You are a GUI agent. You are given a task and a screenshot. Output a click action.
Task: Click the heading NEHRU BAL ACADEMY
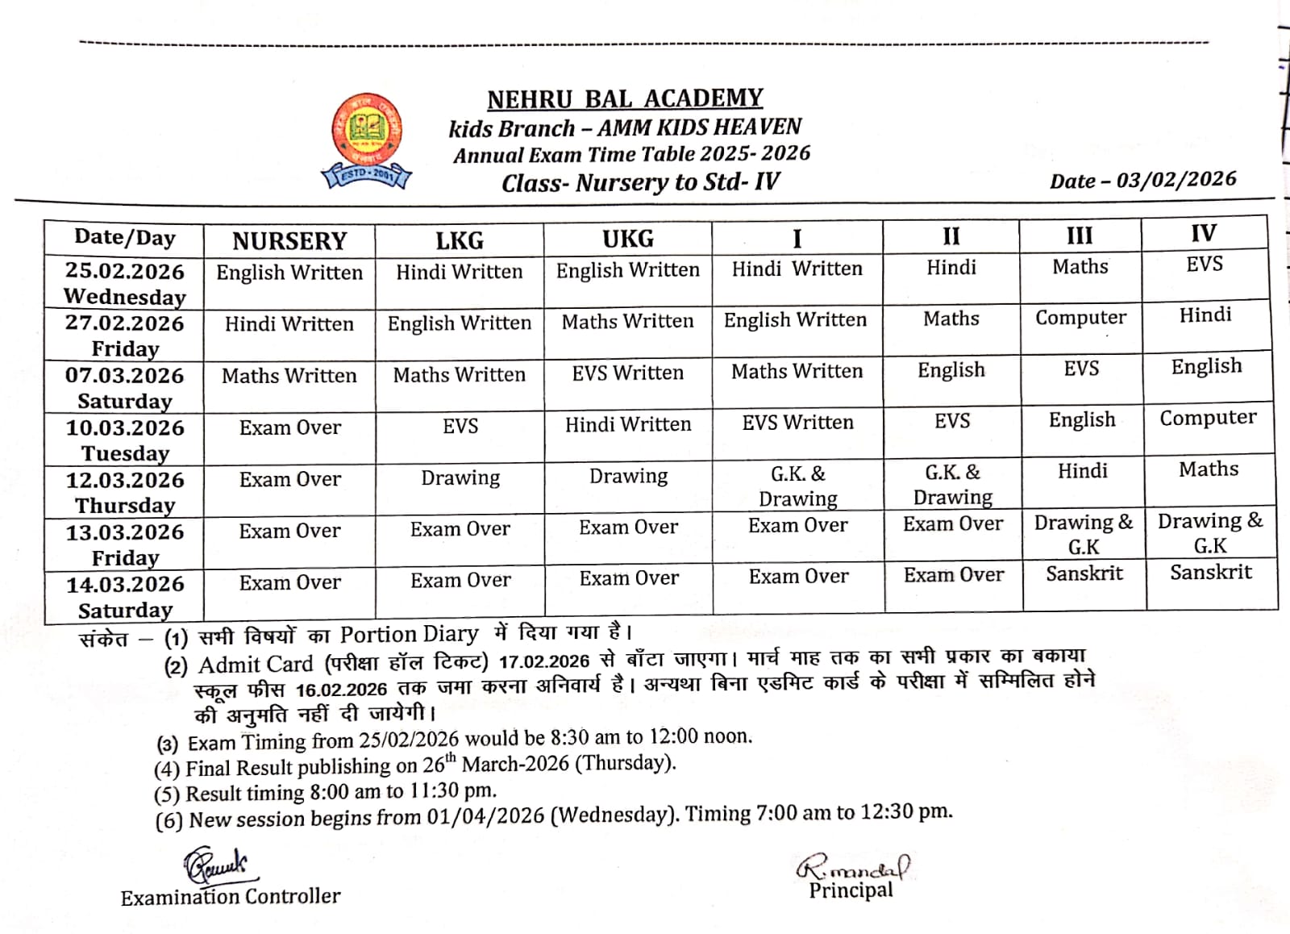click(625, 98)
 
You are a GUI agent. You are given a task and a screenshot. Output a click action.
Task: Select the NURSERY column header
click(289, 240)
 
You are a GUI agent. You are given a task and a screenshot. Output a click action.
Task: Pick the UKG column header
click(628, 239)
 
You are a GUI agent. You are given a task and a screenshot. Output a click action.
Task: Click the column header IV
click(1203, 234)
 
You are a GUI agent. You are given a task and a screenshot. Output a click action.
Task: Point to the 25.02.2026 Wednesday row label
click(125, 283)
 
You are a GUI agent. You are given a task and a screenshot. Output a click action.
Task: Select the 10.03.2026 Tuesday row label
click(125, 440)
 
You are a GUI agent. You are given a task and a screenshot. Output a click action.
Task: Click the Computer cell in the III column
click(1080, 318)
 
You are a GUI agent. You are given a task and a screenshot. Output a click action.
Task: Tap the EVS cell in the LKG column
click(460, 426)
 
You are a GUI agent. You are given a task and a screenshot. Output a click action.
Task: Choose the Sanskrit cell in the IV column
click(1211, 573)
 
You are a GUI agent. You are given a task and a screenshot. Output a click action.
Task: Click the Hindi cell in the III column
click(1082, 471)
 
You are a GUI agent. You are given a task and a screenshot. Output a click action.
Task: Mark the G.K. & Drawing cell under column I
click(797, 486)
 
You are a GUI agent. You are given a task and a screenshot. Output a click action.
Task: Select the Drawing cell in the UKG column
click(628, 477)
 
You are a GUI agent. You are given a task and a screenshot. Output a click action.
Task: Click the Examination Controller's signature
click(215, 866)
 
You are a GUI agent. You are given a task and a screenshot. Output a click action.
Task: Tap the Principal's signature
click(852, 868)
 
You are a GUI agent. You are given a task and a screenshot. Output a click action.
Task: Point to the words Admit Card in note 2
click(256, 665)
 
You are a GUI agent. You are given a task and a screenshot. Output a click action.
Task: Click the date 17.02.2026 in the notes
click(544, 662)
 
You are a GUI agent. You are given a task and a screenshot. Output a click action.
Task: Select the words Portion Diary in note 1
click(409, 635)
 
